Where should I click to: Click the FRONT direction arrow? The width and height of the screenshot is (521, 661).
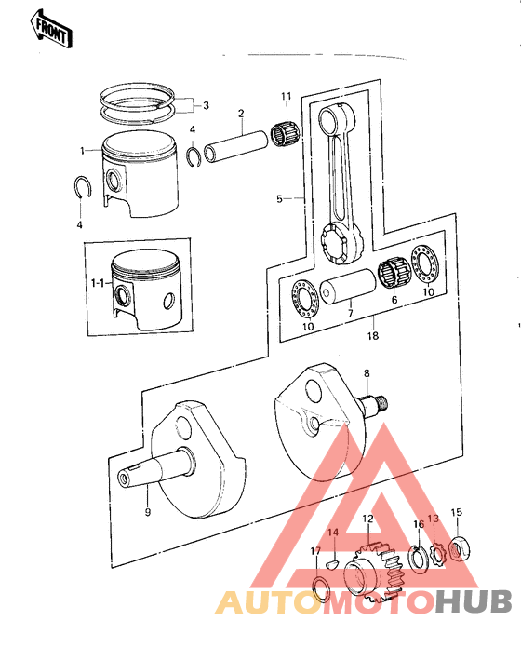(x=52, y=29)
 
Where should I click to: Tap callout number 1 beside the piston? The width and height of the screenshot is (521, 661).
(x=83, y=150)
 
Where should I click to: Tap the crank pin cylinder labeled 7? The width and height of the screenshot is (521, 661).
(x=345, y=292)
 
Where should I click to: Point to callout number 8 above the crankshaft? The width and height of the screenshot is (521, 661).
(x=367, y=373)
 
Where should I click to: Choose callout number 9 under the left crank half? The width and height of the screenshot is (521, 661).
(x=146, y=511)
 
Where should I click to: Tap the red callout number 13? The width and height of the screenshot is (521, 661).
(x=433, y=519)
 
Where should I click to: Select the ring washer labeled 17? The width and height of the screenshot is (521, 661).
(x=319, y=587)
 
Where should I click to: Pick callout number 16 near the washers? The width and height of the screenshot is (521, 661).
(x=419, y=525)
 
